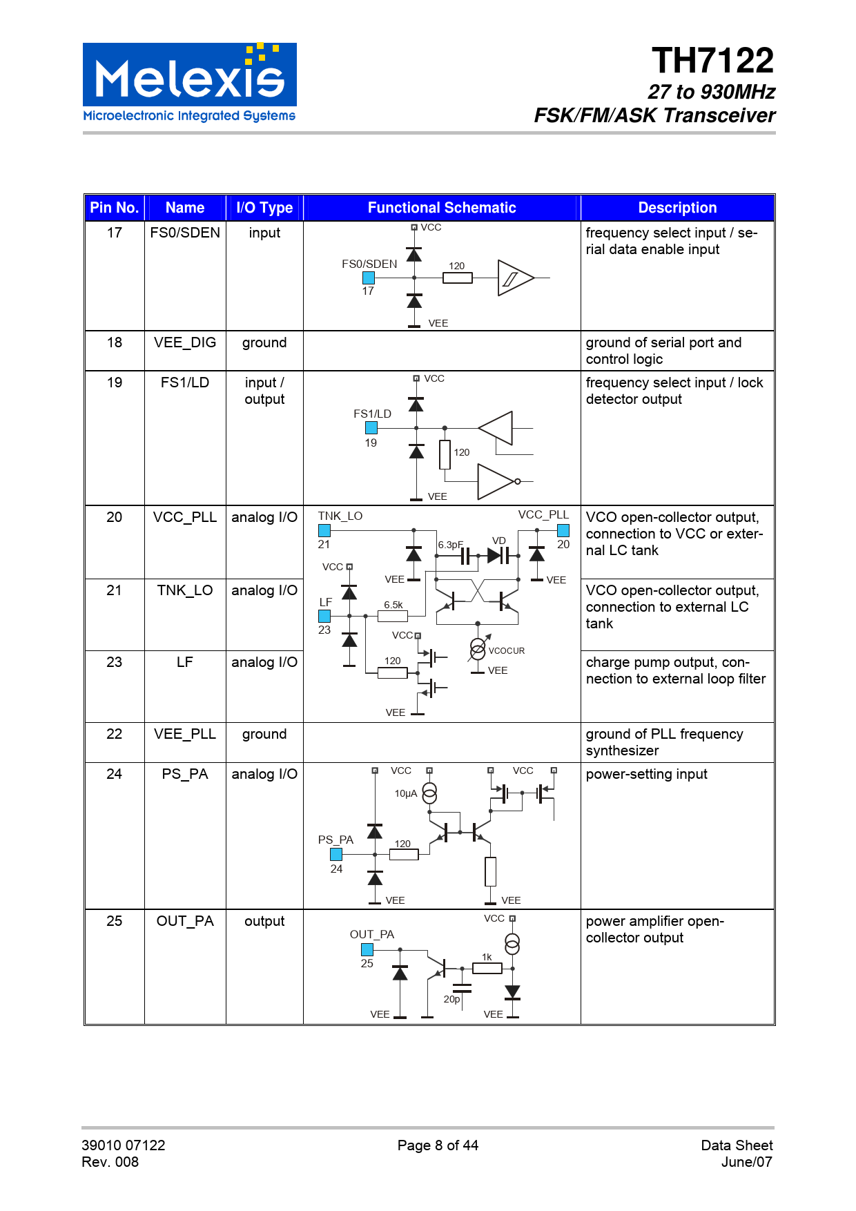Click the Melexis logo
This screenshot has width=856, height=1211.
click(x=190, y=83)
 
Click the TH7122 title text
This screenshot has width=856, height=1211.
click(x=712, y=61)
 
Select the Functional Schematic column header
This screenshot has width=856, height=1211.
click(x=442, y=208)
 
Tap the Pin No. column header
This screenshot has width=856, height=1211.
click(x=115, y=208)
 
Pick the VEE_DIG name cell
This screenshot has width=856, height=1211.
click(x=185, y=342)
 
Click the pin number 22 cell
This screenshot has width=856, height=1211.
click(x=115, y=734)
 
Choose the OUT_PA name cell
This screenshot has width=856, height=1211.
click(x=185, y=921)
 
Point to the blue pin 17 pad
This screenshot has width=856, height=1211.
click(x=369, y=278)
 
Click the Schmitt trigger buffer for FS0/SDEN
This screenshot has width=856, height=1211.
click(x=514, y=278)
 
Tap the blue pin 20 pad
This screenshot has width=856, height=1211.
click(x=563, y=530)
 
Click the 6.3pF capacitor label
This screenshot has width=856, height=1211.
click(x=450, y=545)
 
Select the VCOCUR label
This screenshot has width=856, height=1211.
click(x=507, y=651)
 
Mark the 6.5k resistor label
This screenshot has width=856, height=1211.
click(x=393, y=605)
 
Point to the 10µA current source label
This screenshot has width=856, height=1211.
click(x=406, y=794)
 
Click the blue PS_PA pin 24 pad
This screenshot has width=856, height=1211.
click(x=336, y=855)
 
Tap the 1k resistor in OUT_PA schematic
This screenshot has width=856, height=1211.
click(x=487, y=968)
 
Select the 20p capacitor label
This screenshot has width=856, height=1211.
click(x=451, y=999)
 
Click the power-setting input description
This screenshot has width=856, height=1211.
click(x=646, y=774)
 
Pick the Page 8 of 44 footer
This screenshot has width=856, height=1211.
click(x=438, y=1145)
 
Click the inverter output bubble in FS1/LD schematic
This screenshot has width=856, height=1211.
click(x=518, y=481)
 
